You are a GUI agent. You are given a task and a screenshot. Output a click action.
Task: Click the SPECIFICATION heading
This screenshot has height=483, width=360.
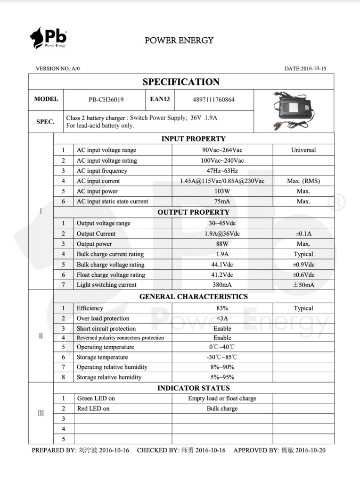[181, 82]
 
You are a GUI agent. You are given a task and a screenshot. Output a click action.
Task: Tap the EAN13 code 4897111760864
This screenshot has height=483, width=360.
[213, 100]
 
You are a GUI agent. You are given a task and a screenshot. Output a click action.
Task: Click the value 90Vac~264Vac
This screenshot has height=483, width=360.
[222, 150]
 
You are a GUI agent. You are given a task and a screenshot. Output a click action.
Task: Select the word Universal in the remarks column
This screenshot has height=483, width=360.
[303, 150]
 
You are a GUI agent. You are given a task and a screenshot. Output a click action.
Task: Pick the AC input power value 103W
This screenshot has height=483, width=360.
[222, 191]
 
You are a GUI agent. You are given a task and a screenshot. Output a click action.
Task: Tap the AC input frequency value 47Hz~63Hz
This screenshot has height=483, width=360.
[222, 171]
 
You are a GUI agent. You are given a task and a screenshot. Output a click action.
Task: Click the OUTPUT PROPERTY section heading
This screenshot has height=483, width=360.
[194, 212]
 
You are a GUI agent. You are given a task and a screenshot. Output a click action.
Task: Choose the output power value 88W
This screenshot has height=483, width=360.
[222, 244]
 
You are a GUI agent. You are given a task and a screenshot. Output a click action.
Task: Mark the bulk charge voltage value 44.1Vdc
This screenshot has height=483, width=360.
[222, 265]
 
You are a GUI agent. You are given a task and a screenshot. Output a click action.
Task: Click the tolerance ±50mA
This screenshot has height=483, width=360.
[303, 285]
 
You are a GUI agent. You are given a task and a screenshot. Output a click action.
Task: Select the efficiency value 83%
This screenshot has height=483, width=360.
[222, 308]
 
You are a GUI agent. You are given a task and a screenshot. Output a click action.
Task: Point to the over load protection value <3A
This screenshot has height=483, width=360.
[222, 318]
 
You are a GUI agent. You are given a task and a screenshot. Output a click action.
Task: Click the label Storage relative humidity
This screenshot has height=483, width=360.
[109, 377]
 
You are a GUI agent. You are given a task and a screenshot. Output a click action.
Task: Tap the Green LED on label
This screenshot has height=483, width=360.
[96, 398]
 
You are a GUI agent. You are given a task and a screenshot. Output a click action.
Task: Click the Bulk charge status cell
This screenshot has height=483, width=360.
[222, 408]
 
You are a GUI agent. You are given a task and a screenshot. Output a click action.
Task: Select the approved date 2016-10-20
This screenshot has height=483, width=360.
[311, 450]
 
